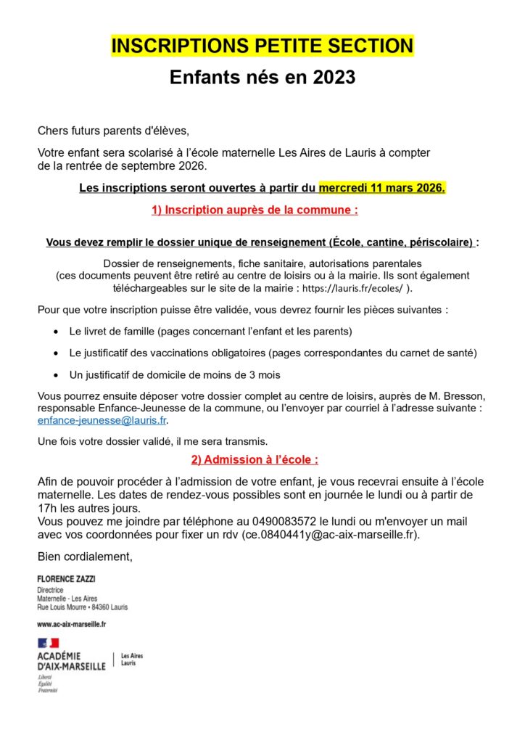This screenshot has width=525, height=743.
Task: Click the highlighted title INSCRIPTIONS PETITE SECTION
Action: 262,46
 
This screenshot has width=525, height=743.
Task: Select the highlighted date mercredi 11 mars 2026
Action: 382,188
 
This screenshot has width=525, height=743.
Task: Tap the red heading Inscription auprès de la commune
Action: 255,210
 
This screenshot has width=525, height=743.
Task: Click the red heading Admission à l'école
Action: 255,459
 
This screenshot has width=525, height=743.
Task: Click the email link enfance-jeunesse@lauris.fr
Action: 102,420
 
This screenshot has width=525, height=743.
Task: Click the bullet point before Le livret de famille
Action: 57,332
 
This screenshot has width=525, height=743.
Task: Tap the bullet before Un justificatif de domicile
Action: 57,375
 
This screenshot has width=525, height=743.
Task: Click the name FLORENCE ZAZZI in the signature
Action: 66,578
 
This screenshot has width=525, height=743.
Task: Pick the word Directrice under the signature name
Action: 50,591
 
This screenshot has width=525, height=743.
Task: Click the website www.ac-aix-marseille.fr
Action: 72,624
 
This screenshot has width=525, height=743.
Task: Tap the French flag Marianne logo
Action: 49,643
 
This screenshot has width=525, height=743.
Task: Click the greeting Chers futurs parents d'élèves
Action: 112,131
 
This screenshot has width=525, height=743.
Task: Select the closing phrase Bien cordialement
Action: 85,557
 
